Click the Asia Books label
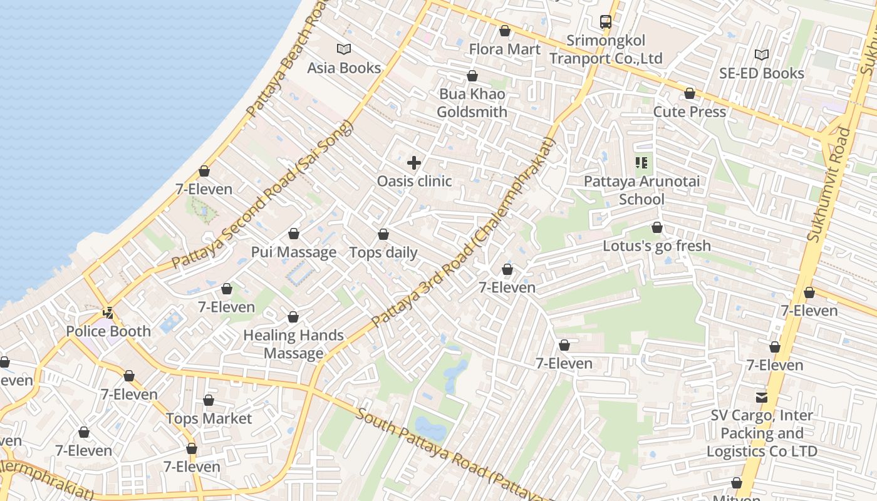[x=344, y=68]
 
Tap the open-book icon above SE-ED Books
[x=762, y=55]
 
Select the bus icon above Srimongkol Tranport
[x=606, y=22]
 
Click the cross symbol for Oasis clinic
[x=414, y=163]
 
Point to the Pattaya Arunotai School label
[x=641, y=190]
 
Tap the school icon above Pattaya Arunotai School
[x=641, y=163]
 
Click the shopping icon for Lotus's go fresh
[x=657, y=227]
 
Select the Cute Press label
[x=690, y=112]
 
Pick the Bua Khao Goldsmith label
[x=472, y=103]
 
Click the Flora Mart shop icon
[x=505, y=31]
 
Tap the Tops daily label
[x=383, y=252]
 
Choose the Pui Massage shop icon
[x=294, y=234]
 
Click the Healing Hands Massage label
[x=293, y=344]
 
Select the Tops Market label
[x=209, y=418]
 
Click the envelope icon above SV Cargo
[x=762, y=397]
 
